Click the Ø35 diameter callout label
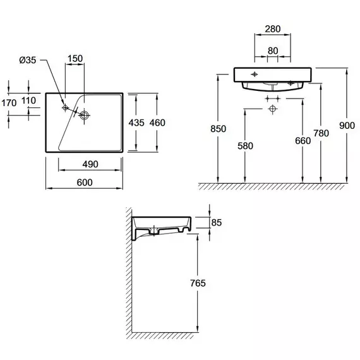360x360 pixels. (x=28, y=60)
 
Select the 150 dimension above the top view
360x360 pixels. (x=75, y=59)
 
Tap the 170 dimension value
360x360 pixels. (x=9, y=103)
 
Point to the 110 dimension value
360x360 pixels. (x=28, y=100)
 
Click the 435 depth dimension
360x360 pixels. (x=136, y=123)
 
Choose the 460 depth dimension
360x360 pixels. (x=157, y=123)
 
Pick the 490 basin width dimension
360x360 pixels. (x=90, y=164)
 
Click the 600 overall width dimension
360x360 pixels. (x=85, y=183)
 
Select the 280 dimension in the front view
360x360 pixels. (x=273, y=29)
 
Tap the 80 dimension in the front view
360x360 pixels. (x=273, y=51)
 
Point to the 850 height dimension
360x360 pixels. (x=218, y=129)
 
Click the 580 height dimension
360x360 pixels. (x=245, y=146)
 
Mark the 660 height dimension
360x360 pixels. (x=303, y=141)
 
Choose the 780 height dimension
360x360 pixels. (x=321, y=133)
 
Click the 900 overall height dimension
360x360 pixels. (x=347, y=125)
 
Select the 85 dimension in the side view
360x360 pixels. (x=217, y=222)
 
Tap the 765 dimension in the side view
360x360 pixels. (x=198, y=283)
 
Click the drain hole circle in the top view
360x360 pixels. (x=84, y=115)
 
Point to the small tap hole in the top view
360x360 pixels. (x=66, y=107)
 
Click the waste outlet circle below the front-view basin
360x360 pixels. (x=272, y=109)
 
